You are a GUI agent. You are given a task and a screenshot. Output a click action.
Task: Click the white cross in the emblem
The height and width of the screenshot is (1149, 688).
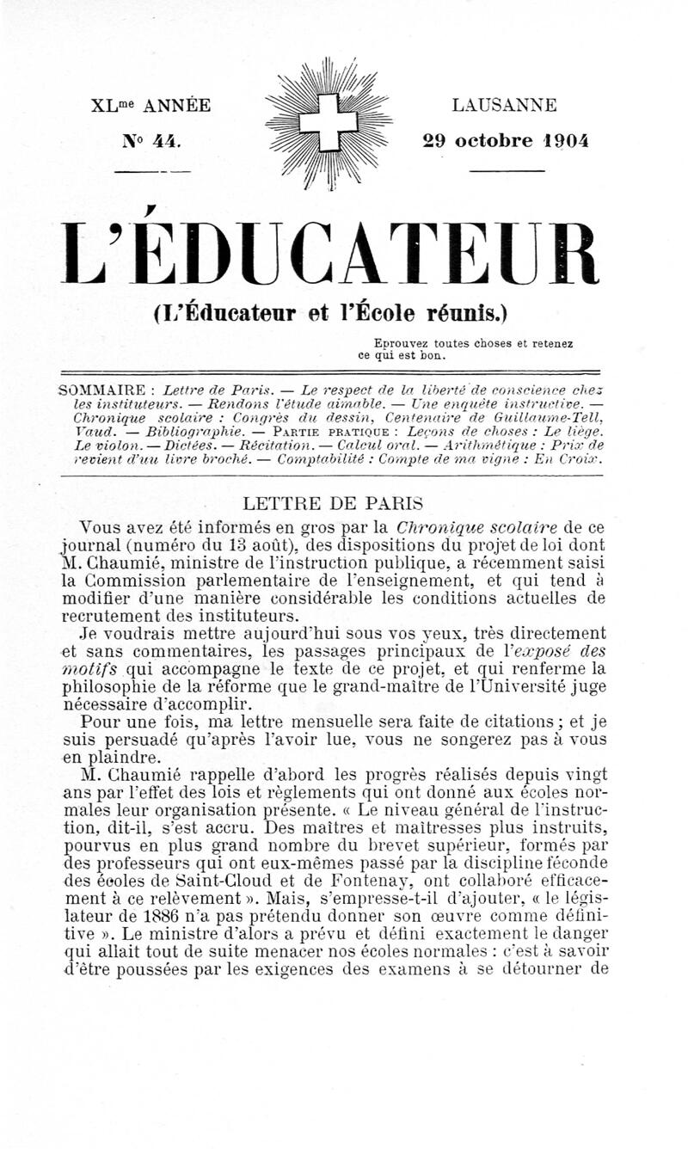pos(328,123)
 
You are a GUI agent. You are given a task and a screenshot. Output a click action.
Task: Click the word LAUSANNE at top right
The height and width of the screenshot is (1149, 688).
pos(504,106)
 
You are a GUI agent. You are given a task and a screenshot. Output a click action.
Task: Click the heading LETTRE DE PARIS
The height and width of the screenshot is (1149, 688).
pos(331,503)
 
